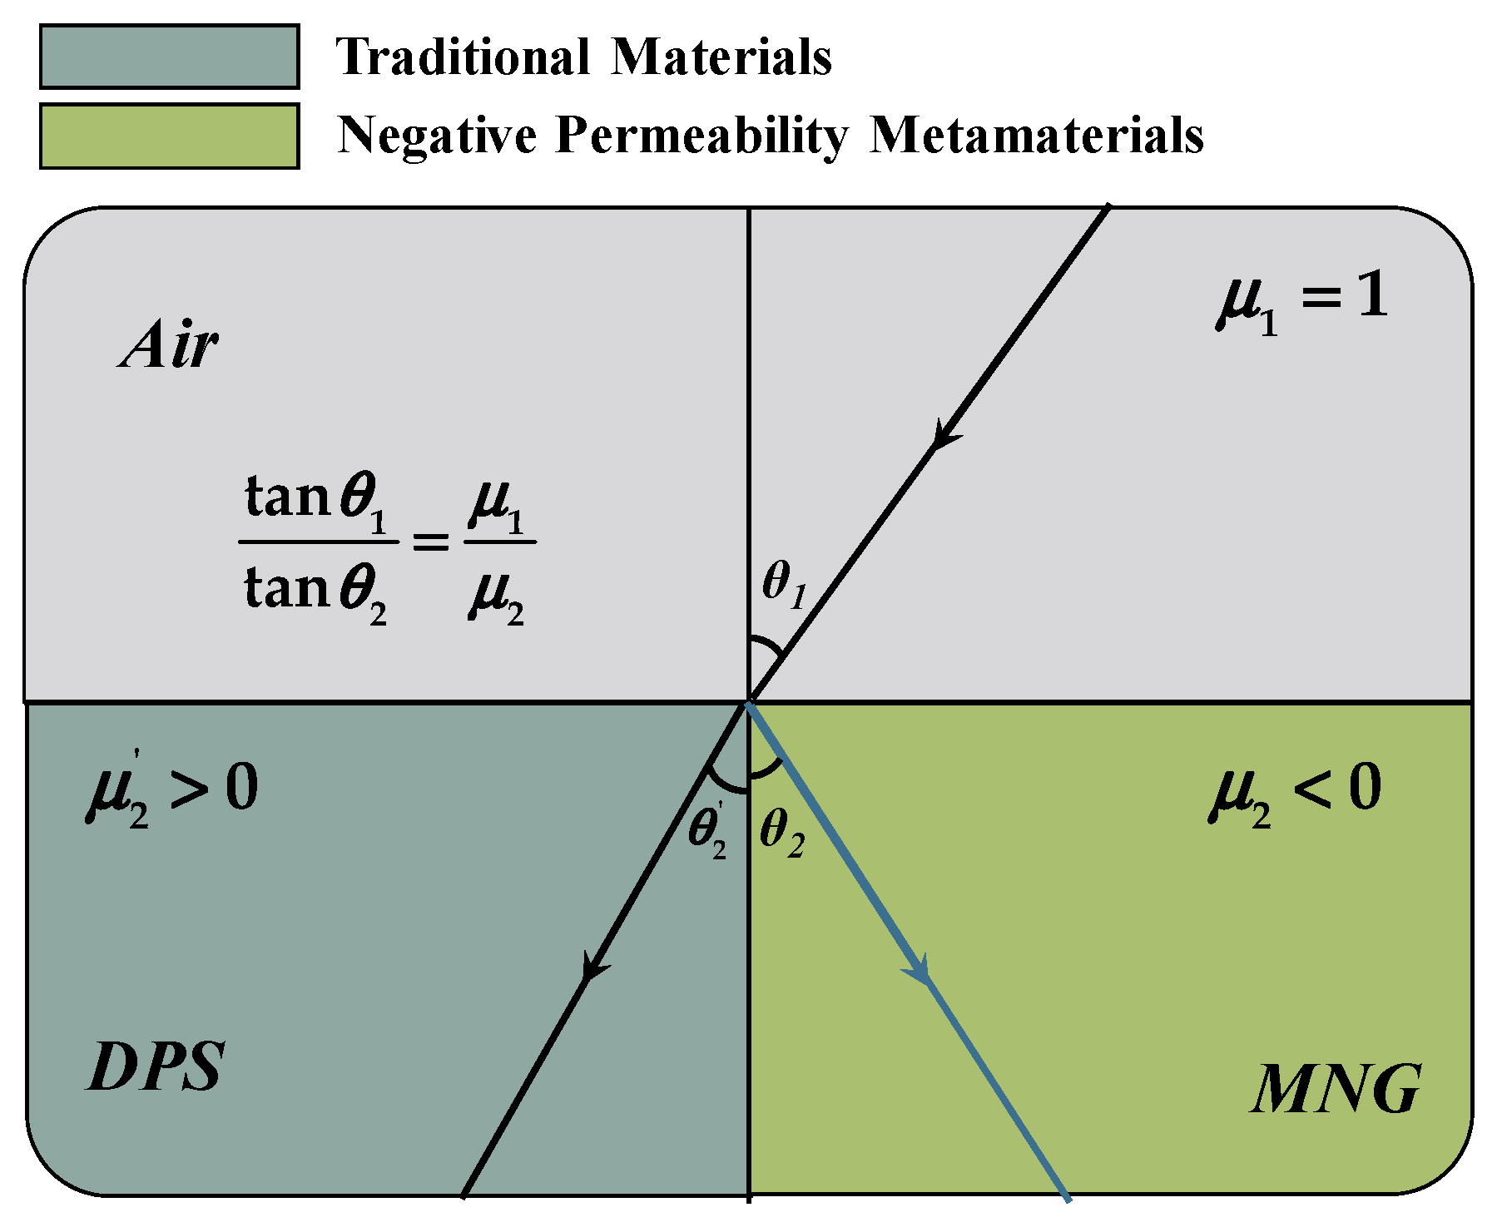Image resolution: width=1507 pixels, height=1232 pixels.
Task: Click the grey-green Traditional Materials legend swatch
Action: (169, 57)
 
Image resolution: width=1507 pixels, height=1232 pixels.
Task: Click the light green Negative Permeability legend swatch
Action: (169, 136)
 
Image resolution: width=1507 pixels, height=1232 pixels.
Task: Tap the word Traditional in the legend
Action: (463, 57)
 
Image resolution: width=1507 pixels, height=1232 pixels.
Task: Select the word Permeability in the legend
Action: (701, 135)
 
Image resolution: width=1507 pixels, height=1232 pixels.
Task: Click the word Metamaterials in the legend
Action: (1036, 135)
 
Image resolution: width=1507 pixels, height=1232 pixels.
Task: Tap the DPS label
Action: (156, 1067)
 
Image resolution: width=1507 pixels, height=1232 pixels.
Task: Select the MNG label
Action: (1336, 1090)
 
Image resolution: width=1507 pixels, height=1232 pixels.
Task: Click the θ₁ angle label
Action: (784, 584)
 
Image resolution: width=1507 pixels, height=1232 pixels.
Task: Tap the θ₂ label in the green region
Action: (782, 832)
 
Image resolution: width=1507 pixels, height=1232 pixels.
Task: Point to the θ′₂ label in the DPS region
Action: (708, 832)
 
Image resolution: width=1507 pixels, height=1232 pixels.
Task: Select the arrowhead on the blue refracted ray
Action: (920, 969)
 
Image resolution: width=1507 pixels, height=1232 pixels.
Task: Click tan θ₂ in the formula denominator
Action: (316, 592)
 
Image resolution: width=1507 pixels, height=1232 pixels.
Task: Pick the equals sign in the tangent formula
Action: (431, 543)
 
